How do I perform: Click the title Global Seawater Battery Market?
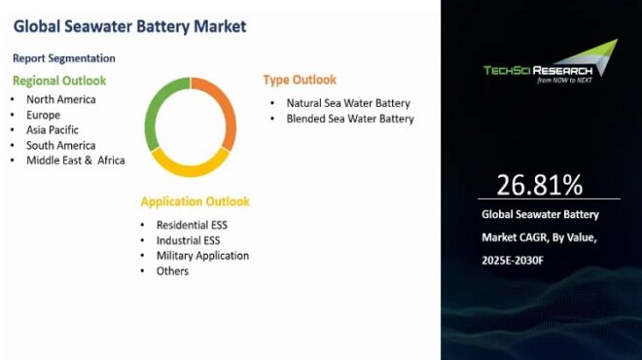point(129,26)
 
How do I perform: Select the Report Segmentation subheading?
point(64,58)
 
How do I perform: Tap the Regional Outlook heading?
point(59,81)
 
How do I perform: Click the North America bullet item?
point(61,99)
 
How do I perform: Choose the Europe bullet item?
point(43,115)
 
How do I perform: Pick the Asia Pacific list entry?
point(53,129)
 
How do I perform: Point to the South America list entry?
point(61,145)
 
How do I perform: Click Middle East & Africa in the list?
point(76,161)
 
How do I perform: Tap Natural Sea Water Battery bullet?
point(348,103)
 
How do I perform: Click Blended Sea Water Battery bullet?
point(350,119)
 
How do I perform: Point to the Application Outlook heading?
point(195,201)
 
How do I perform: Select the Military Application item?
point(202,256)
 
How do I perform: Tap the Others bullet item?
point(172,271)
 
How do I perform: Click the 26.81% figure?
point(540,184)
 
